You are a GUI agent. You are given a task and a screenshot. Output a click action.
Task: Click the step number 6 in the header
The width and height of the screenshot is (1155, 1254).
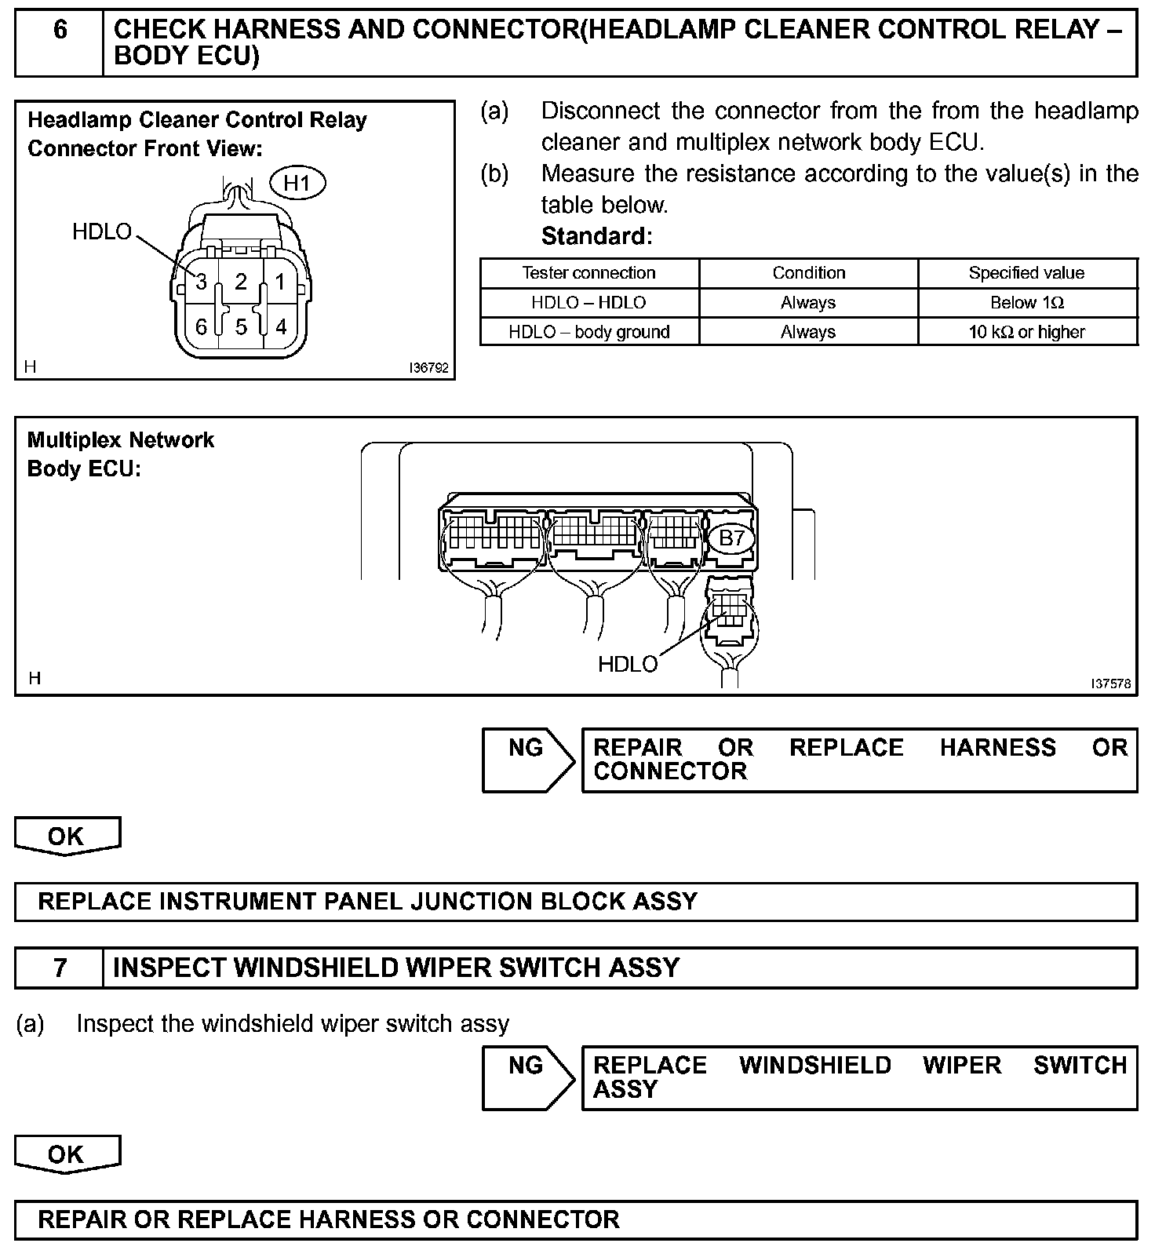60,31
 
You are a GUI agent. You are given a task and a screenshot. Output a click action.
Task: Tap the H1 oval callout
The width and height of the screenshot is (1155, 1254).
297,184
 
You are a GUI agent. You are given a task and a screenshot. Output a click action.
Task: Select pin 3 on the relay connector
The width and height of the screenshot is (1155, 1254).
201,281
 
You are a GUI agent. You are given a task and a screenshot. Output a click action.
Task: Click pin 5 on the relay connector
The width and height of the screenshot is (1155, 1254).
241,326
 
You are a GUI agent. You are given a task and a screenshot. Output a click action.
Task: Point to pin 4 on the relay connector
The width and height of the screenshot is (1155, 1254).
280,326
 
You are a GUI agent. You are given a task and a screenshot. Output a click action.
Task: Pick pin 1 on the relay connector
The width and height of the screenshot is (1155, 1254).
280,281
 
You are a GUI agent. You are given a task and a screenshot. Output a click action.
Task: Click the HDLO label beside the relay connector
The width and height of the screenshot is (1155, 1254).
102,231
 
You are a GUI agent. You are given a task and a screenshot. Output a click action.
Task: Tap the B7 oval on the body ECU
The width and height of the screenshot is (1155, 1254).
731,538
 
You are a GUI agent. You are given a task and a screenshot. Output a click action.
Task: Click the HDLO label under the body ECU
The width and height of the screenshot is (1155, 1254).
628,665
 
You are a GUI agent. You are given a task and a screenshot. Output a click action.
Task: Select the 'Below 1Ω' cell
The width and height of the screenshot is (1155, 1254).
1027,303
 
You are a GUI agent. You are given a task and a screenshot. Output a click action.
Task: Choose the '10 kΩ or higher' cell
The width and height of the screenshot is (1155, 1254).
1027,332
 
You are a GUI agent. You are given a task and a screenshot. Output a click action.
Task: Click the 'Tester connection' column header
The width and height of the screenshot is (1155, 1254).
588,273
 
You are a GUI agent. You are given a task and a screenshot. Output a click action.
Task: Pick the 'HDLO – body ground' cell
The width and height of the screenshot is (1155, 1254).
588,332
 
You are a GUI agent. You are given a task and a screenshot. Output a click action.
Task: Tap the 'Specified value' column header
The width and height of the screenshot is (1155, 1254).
1027,273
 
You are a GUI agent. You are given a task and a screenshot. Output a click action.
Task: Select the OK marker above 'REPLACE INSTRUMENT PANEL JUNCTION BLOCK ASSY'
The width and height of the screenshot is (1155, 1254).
67,836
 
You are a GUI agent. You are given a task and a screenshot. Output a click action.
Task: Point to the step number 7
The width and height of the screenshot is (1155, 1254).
60,968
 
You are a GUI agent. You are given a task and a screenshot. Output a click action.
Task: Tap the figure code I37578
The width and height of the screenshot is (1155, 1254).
1111,684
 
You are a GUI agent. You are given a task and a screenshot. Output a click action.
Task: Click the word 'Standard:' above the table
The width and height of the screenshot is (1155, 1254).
596,236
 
